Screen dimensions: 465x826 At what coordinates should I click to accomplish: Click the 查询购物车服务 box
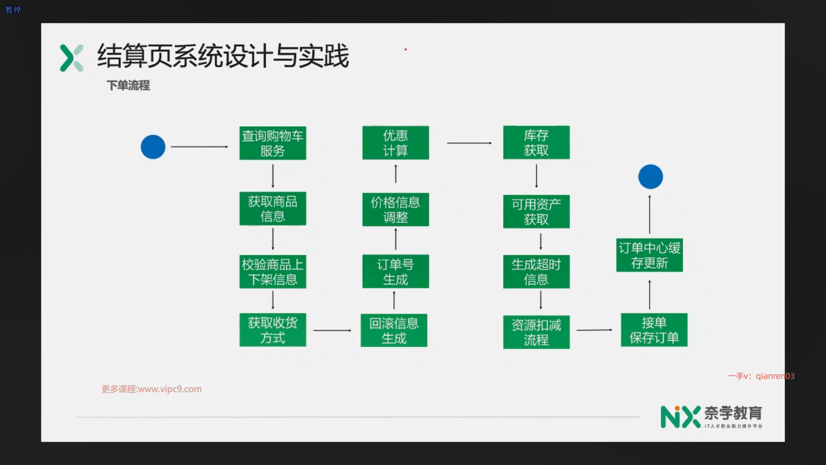pyautogui.click(x=273, y=143)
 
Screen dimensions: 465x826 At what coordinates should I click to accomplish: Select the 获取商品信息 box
pyautogui.click(x=273, y=208)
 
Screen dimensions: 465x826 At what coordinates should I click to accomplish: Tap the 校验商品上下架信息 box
pyautogui.click(x=273, y=272)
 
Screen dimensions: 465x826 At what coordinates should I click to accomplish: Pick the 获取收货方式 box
pyautogui.click(x=273, y=330)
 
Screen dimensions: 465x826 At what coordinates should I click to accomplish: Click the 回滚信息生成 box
pyautogui.click(x=394, y=330)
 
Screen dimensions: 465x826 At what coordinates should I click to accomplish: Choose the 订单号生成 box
pyautogui.click(x=395, y=271)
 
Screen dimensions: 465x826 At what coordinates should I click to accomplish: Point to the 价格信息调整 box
pyautogui.click(x=395, y=210)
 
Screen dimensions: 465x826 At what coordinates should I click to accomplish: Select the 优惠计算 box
pyautogui.click(x=395, y=143)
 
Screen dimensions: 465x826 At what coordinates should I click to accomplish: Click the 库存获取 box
pyautogui.click(x=536, y=143)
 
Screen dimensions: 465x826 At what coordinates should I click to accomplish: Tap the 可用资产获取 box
pyautogui.click(x=536, y=211)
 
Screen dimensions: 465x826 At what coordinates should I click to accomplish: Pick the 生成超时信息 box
pyautogui.click(x=536, y=272)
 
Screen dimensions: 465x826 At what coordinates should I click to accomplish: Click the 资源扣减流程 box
pyautogui.click(x=536, y=332)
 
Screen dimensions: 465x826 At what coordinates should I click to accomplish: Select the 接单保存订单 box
pyautogui.click(x=654, y=330)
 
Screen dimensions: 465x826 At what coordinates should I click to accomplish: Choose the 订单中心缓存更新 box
pyautogui.click(x=649, y=255)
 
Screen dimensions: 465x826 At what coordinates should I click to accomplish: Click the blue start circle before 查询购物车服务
pyautogui.click(x=153, y=147)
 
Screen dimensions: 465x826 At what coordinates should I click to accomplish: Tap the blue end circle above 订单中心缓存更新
pyautogui.click(x=650, y=177)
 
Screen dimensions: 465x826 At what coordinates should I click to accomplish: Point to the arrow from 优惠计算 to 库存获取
pyautogui.click(x=469, y=143)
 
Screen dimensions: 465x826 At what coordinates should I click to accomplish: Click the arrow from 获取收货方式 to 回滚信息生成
pyautogui.click(x=332, y=330)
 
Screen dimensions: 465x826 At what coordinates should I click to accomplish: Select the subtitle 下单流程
pyautogui.click(x=128, y=85)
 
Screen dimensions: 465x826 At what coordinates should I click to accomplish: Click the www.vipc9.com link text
pyautogui.click(x=170, y=389)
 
